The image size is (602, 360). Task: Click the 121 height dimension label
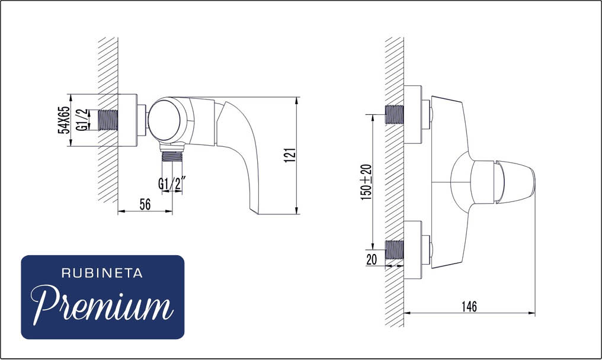pos(291,155)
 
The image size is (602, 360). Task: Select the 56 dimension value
pos(145,204)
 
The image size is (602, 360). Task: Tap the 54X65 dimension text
pos(64,120)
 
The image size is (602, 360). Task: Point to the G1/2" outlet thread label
pos(172,184)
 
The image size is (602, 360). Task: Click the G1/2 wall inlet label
pos(82,120)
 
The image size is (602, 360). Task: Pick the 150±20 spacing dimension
pos(366,182)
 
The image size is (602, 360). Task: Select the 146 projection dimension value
pos(469,306)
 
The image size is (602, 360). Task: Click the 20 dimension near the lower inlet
pos(372,260)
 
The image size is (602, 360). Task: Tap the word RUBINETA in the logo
pos(102,274)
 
